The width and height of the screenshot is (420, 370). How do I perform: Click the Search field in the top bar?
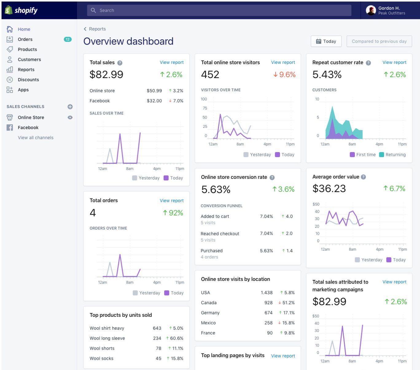[219, 10]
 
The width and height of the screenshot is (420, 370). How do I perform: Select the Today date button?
[326, 41]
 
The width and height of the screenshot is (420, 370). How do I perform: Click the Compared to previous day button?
[379, 41]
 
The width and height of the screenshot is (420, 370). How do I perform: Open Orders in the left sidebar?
[25, 39]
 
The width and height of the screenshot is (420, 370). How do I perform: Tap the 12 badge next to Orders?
[68, 39]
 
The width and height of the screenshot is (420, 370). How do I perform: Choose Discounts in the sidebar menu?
[28, 80]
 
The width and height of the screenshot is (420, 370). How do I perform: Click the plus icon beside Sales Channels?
[70, 107]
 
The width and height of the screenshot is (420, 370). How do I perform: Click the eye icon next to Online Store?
[70, 117]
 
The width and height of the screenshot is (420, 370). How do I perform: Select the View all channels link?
[36, 138]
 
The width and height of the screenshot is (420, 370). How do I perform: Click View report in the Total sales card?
[171, 62]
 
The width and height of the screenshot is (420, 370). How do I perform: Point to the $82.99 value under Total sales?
[106, 74]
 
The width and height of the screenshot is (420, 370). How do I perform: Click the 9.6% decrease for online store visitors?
[284, 74]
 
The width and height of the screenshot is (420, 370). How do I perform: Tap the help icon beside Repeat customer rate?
[368, 63]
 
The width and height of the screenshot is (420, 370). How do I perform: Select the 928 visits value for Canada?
[268, 303]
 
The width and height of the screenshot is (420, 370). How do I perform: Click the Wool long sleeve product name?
[107, 338]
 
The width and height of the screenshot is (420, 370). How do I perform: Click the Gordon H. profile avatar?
[371, 10]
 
